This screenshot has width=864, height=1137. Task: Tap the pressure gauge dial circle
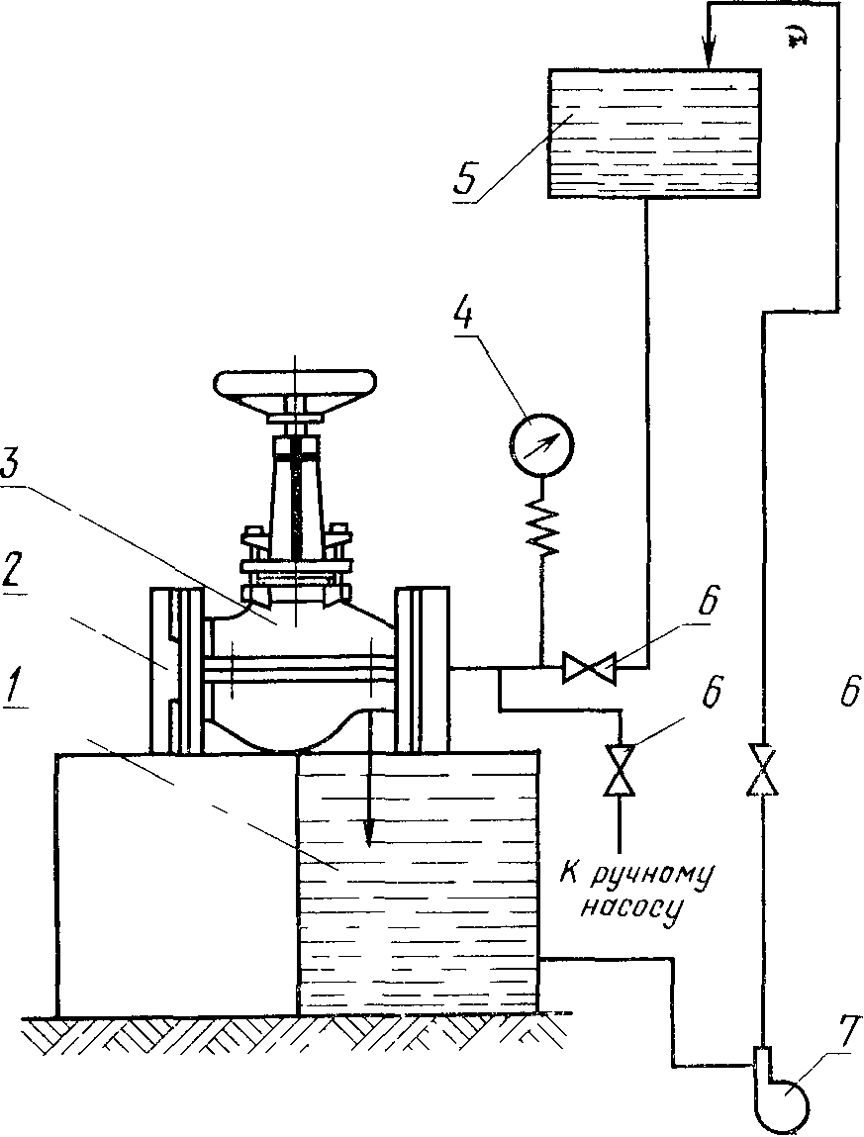click(541, 443)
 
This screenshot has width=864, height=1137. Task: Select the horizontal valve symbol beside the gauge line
click(589, 667)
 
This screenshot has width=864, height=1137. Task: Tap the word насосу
click(631, 910)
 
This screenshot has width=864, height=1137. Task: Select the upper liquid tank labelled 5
click(653, 134)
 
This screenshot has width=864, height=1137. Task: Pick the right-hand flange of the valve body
click(422, 671)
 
